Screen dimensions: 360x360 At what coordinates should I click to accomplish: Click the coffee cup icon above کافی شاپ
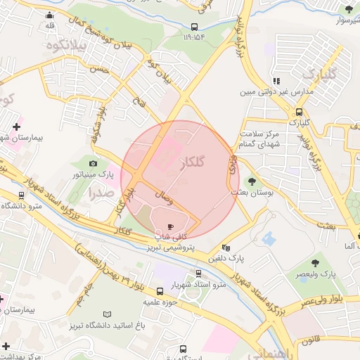[169, 226]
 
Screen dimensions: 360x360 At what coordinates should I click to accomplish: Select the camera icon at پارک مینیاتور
[94, 162]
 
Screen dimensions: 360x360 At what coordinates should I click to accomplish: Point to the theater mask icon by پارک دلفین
[226, 247]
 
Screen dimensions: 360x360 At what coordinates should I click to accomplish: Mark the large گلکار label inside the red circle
[192, 162]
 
